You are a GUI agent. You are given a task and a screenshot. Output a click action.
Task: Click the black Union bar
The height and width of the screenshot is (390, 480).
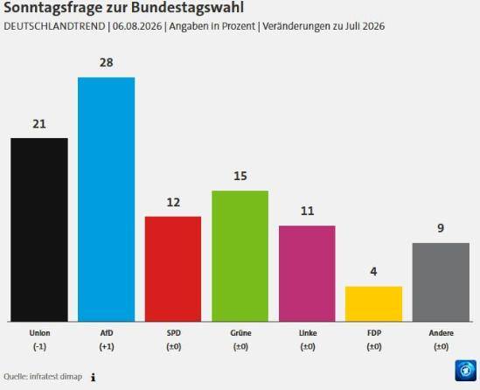pos(39,230)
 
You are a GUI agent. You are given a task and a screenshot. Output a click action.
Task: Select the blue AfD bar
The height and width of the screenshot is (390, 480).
pos(106,199)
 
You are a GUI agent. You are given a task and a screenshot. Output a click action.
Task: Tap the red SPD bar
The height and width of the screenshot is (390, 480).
pos(173,268)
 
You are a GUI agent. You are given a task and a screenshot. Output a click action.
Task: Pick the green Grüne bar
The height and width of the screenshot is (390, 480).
pos(240,256)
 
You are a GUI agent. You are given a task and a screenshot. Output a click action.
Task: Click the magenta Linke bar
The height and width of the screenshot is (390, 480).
pos(307,274)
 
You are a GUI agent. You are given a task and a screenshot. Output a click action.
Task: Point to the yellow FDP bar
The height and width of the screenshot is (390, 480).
pos(374,304)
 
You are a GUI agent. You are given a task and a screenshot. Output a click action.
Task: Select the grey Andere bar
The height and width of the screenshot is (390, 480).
pos(441,282)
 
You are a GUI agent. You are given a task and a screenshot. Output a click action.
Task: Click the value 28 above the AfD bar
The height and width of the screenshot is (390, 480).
pos(106,62)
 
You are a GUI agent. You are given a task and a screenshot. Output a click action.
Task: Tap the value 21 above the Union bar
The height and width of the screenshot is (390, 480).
pos(39,124)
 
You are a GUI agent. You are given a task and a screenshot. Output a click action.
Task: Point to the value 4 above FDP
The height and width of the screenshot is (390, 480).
pos(374,272)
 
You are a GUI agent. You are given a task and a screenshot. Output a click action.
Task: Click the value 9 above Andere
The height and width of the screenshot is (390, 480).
pos(441,228)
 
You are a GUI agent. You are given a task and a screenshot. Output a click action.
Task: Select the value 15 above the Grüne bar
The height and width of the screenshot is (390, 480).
pos(240,176)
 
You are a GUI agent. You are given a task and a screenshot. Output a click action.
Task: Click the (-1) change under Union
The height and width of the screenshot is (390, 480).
pos(39,347)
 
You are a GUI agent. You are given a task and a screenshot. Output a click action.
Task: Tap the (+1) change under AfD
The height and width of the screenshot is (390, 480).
pos(107,347)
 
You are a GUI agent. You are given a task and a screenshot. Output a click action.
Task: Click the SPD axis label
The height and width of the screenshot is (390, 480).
pos(174,333)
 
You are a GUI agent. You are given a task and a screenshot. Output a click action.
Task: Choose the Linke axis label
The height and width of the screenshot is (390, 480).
pos(308,333)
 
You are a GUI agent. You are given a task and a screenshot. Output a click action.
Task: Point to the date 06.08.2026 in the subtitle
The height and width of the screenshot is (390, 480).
pos(137,26)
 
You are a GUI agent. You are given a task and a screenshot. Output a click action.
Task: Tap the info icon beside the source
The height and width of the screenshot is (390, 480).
pos(93,378)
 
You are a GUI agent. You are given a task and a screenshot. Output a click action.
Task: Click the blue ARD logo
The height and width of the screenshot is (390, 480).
pos(466,371)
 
